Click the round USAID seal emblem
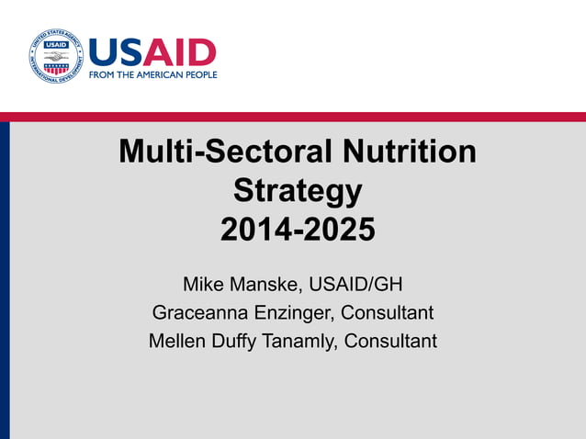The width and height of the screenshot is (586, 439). pyautogui.click(x=56, y=55)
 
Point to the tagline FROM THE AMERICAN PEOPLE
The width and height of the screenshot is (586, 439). pyautogui.click(x=152, y=74)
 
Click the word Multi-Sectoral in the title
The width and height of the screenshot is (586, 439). pyautogui.click(x=217, y=152)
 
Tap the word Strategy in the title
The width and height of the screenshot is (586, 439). pyautogui.click(x=298, y=191)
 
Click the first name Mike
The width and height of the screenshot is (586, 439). pyautogui.click(x=203, y=283)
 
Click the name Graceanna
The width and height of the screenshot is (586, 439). pyautogui.click(x=197, y=312)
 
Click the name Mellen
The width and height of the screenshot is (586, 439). pyautogui.click(x=177, y=341)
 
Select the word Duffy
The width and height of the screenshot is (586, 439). pyautogui.click(x=237, y=341)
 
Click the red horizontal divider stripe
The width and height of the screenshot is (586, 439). pyautogui.click(x=293, y=117)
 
